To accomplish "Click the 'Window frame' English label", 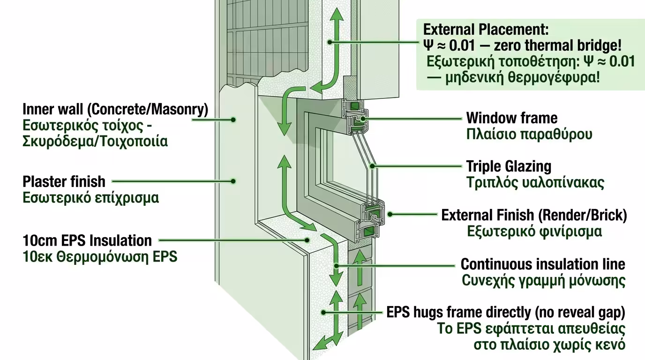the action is [x=512, y=118].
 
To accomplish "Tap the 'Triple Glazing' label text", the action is [x=509, y=166].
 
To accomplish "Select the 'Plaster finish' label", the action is [x=64, y=182].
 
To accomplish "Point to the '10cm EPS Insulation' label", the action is [x=87, y=241].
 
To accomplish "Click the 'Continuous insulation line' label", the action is [x=543, y=264].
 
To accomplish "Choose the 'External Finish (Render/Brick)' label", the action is [x=534, y=216].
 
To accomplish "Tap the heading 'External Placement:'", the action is [x=486, y=30].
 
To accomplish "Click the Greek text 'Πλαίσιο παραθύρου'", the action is [x=529, y=135].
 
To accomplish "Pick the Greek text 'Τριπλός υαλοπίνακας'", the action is [x=535, y=183].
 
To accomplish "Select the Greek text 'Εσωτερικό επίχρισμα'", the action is [x=91, y=198].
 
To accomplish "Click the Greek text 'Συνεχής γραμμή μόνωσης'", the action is [x=544, y=280].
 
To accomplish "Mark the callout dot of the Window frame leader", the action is [x=363, y=119].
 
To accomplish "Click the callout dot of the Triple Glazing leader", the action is [x=372, y=166].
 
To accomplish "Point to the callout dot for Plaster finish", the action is [x=233, y=181].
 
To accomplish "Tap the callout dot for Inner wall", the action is [x=233, y=120].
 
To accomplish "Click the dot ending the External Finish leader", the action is [x=390, y=214].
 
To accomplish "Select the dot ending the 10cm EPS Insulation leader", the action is [x=307, y=240].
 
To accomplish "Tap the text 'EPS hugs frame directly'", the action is [x=459, y=313].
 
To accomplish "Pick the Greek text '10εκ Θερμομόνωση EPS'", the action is [x=100, y=257].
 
